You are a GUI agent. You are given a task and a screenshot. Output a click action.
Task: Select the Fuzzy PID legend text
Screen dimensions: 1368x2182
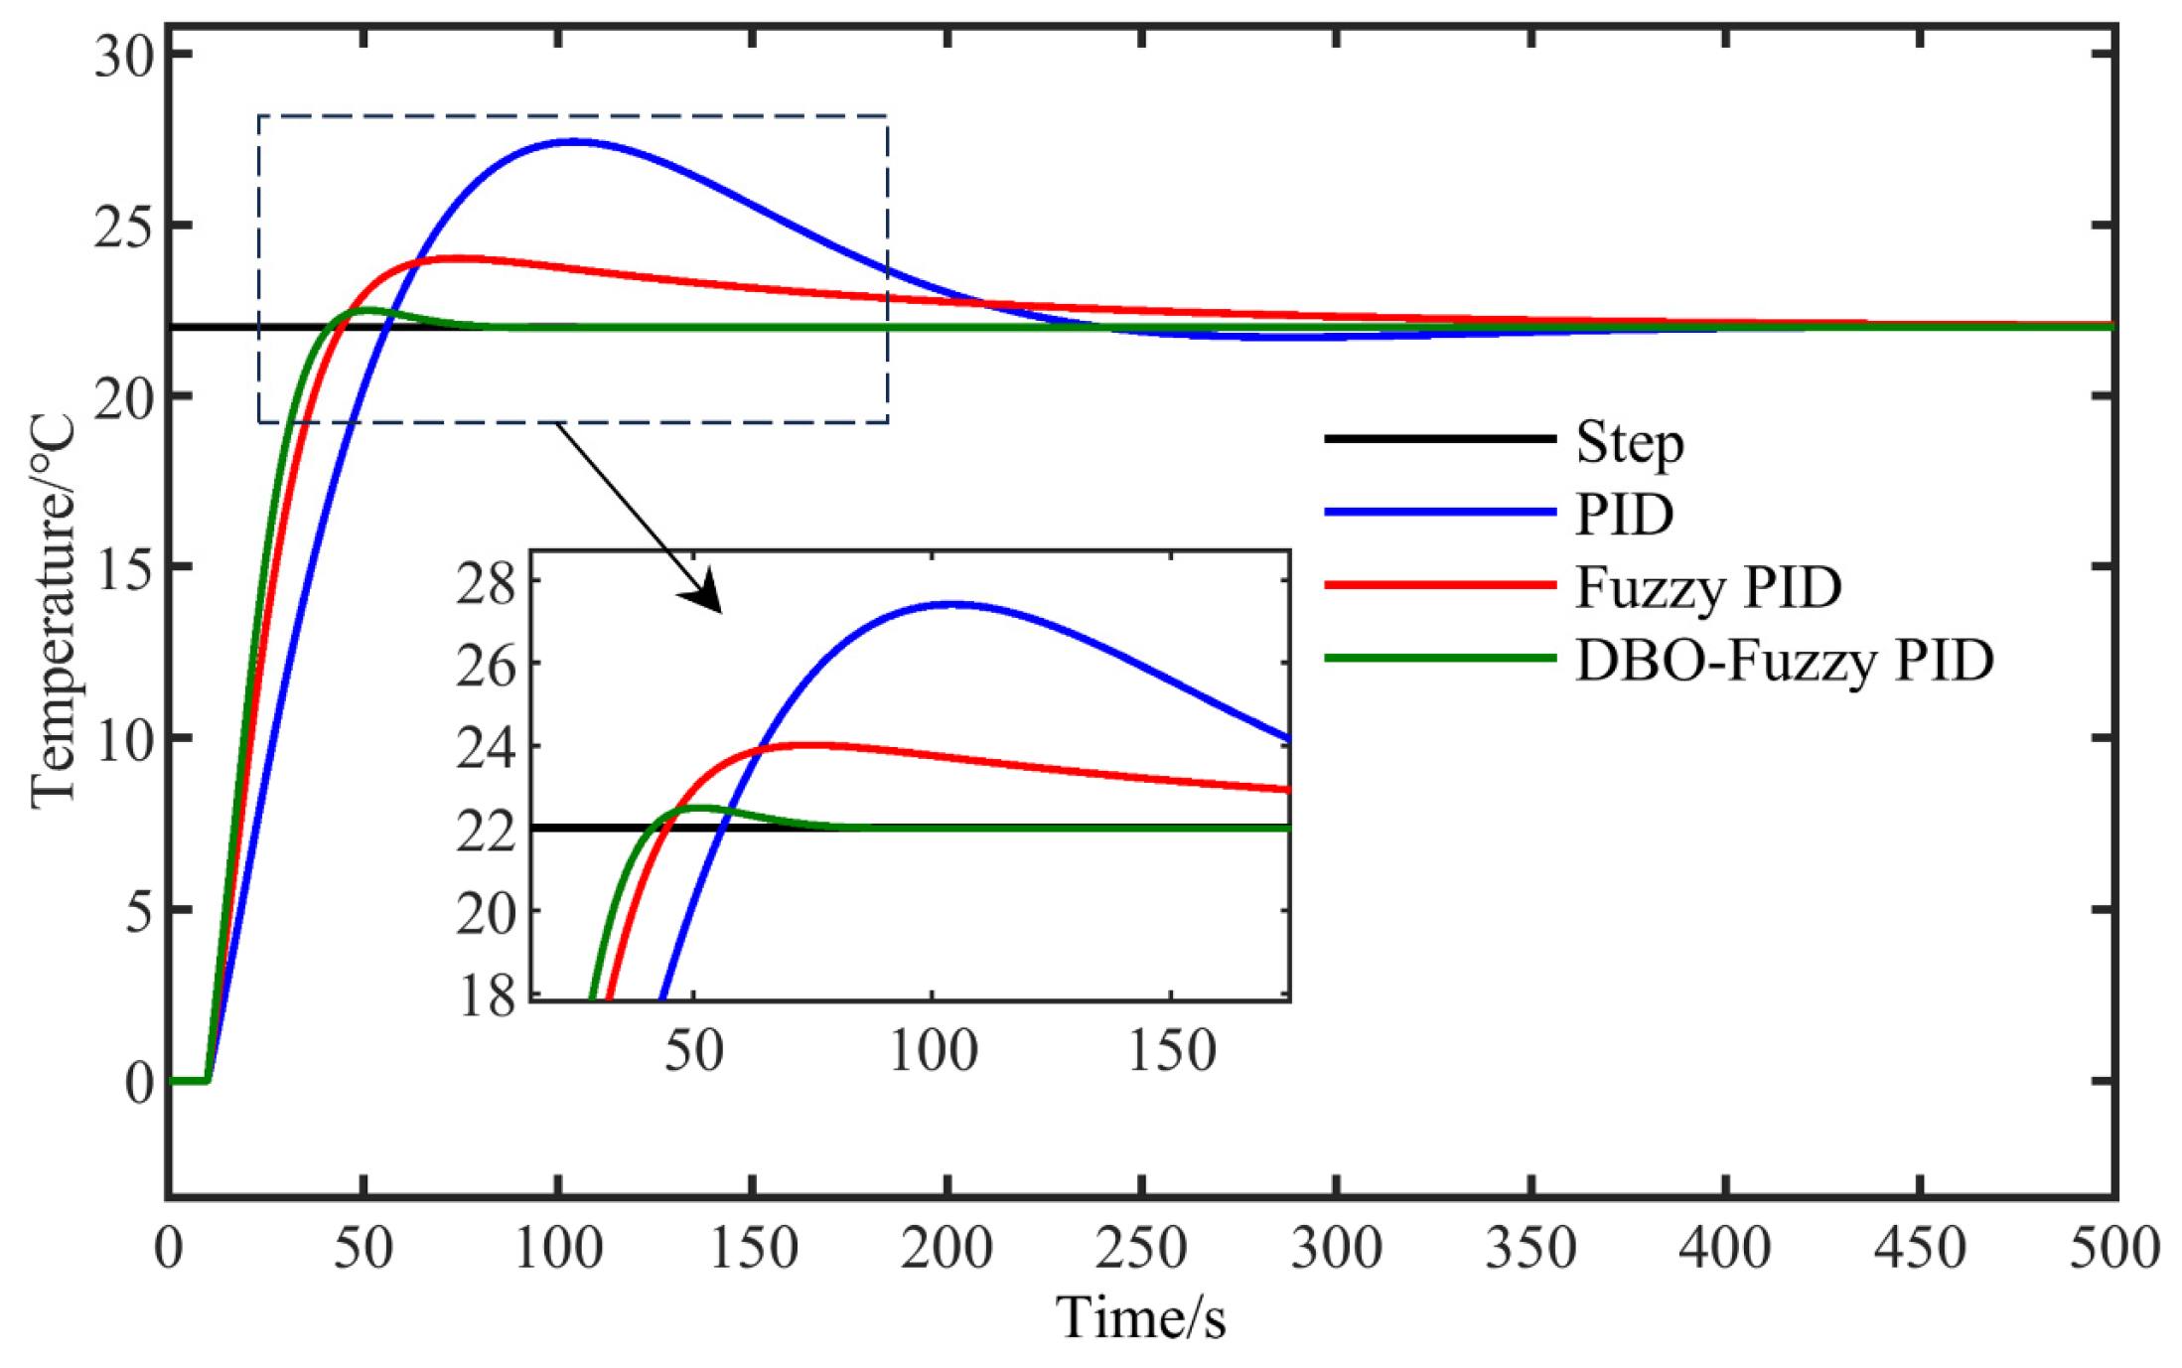coord(1708,587)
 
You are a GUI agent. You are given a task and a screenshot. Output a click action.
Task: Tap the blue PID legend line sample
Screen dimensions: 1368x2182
coord(1439,512)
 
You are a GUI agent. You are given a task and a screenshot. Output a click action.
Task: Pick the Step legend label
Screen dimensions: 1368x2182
coord(1630,442)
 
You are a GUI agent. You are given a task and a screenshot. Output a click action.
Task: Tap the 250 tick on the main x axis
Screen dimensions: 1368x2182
coord(1140,1247)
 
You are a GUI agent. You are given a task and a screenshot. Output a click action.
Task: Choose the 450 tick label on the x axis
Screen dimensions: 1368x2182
coord(1919,1247)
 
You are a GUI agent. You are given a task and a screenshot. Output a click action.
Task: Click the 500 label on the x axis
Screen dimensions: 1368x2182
coord(2113,1247)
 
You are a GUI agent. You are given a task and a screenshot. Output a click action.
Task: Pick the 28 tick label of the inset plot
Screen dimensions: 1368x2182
coord(487,584)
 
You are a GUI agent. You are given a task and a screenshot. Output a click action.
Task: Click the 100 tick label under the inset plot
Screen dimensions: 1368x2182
coord(933,1051)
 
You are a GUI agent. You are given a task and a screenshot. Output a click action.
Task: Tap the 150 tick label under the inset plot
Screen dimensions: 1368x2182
coord(1172,1051)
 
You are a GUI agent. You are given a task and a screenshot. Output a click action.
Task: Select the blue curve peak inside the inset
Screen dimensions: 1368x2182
coord(953,603)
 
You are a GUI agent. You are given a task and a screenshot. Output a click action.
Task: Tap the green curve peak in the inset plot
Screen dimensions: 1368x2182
coord(703,808)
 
